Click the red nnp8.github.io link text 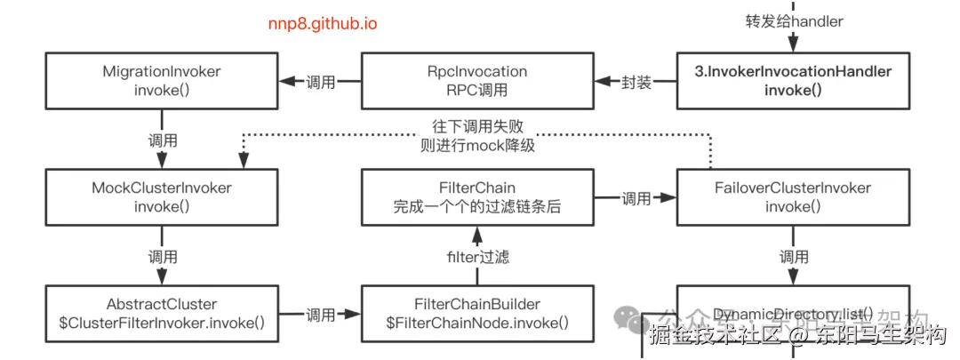[x=322, y=24]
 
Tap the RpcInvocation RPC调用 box [x=477, y=82]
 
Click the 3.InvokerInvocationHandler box [x=793, y=82]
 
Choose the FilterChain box [x=477, y=198]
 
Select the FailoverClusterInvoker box [x=793, y=198]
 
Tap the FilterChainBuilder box [x=477, y=313]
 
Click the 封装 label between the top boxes [x=636, y=83]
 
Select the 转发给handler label [x=793, y=20]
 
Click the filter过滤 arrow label [x=477, y=258]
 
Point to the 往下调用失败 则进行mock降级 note [x=477, y=136]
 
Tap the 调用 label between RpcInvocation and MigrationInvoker [x=320, y=83]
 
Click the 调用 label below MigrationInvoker [x=162, y=140]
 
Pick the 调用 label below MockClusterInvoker [x=162, y=257]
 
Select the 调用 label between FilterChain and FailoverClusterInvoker [x=636, y=199]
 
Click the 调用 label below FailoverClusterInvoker [x=794, y=257]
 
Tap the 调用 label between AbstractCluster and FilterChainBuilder [x=320, y=314]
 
